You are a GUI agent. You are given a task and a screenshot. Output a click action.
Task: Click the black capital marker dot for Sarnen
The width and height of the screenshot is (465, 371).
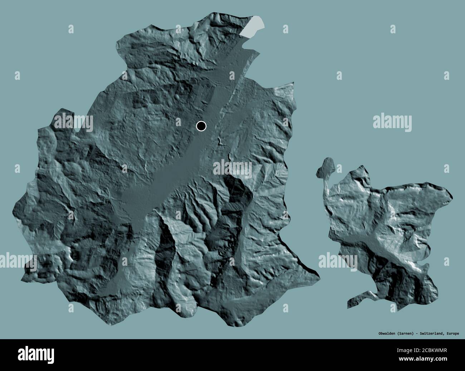[201, 126]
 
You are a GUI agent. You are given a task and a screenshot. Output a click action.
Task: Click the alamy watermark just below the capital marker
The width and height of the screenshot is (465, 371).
[233, 168]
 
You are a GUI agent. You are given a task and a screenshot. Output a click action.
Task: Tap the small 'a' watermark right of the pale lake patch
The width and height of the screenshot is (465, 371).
[285, 29]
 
